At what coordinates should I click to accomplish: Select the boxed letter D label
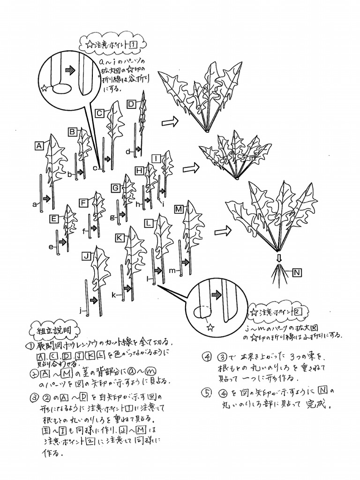[131, 104]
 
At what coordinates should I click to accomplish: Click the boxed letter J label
[86, 256]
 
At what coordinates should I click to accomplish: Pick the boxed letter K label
[120, 238]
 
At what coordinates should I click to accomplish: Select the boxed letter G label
[115, 188]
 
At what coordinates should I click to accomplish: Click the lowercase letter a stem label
[35, 204]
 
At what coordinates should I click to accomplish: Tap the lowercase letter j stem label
[81, 310]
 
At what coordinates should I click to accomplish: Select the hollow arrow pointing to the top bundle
[170, 122]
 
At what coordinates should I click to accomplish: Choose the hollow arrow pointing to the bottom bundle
[223, 231]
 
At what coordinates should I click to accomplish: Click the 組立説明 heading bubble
[50, 330]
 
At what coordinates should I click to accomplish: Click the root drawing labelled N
[279, 272]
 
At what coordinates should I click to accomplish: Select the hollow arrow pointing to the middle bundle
[190, 168]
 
